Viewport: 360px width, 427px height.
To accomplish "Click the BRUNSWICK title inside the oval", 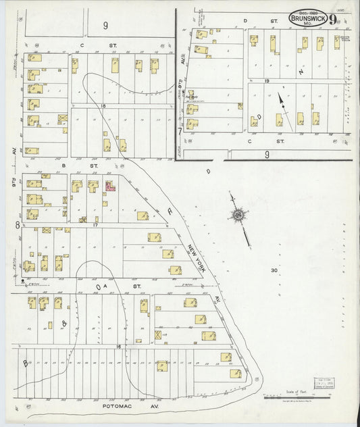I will point(309,18).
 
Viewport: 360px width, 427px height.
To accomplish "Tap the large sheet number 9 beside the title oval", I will point(333,18).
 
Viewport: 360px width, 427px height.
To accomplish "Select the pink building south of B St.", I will point(109,185).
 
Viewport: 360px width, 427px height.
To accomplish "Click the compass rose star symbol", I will point(238,215).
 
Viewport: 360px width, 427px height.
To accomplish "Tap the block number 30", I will point(274,270).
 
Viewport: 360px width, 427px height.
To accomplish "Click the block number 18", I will point(104,106).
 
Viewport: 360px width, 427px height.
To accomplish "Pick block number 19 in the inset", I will point(267,80).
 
